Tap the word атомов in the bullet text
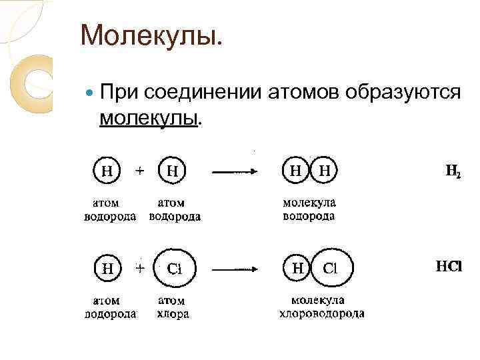[304, 92]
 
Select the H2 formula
[453, 172]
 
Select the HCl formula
[448, 267]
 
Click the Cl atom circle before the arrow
[174, 269]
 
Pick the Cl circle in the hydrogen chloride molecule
[331, 269]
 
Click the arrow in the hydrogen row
[234, 172]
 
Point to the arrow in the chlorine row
[234, 269]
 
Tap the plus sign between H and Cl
[141, 268]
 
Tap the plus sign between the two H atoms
[141, 171]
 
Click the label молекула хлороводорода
[321, 307]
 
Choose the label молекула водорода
[309, 209]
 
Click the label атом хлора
[173, 307]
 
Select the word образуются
[403, 92]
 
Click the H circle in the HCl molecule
[298, 269]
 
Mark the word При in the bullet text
[117, 92]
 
